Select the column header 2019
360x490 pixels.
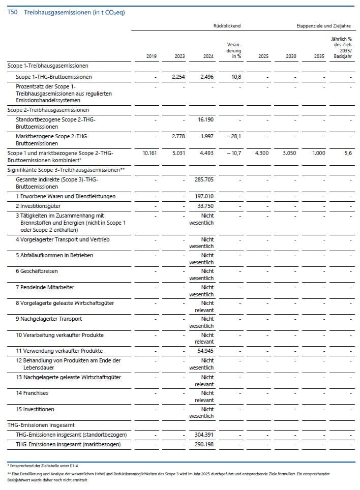click(151, 56)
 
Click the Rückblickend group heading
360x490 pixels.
click(227, 25)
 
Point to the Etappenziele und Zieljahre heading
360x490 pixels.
click(323, 25)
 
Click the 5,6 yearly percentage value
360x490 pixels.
click(347, 153)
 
